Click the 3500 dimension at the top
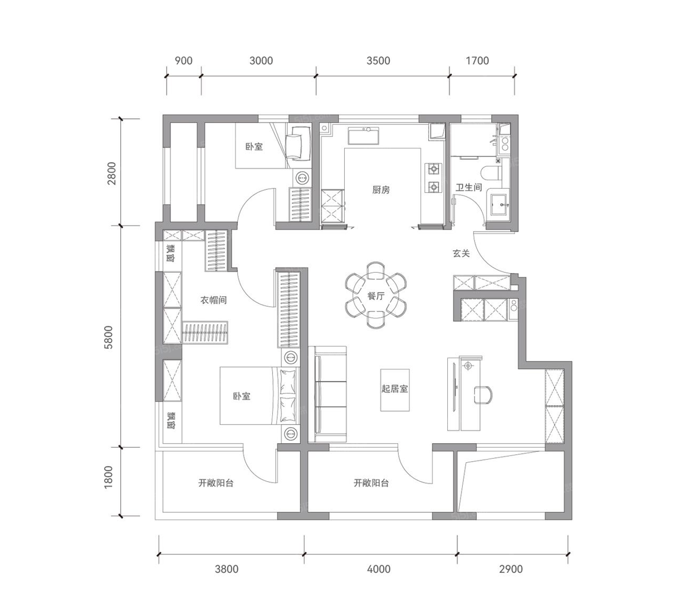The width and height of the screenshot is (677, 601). (x=378, y=61)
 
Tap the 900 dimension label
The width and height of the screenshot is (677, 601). (x=184, y=61)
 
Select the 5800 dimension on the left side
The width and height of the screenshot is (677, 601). (x=108, y=337)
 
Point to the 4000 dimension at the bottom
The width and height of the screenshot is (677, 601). (x=379, y=569)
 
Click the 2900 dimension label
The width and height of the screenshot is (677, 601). (x=511, y=569)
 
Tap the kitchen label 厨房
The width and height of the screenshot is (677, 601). (x=381, y=190)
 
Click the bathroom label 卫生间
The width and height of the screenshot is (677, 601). (x=469, y=187)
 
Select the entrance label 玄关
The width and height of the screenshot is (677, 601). (x=461, y=253)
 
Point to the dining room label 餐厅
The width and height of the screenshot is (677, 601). (x=376, y=296)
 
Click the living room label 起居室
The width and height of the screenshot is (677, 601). (x=395, y=389)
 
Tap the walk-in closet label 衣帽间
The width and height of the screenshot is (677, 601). (x=213, y=300)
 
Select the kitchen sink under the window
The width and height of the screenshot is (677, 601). (x=363, y=135)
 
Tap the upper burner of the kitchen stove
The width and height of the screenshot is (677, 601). (x=434, y=169)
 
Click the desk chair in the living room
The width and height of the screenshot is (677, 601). (x=483, y=394)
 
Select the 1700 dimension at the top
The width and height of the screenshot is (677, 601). (x=477, y=61)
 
